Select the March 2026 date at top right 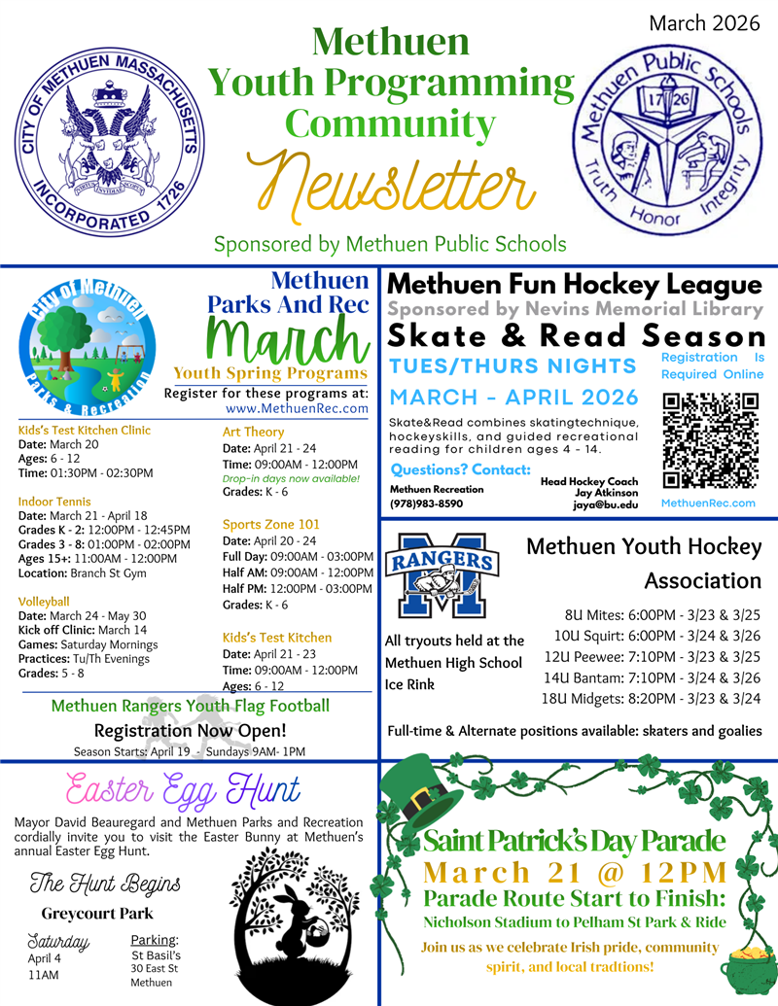click(x=704, y=23)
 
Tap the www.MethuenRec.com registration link click(x=302, y=408)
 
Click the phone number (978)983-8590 click(x=426, y=504)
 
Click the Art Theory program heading click(x=253, y=432)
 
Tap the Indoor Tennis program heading click(x=54, y=502)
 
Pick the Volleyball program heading click(x=44, y=601)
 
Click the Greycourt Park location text click(x=96, y=914)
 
